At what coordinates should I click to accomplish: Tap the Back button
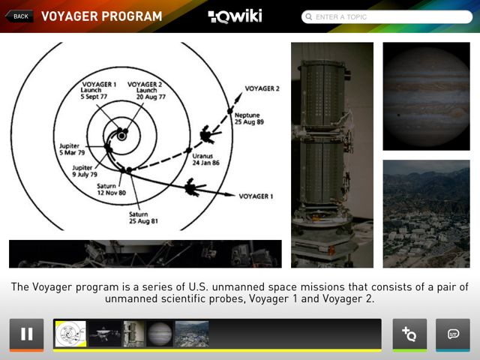[x=19, y=16]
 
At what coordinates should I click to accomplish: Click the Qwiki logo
[x=235, y=16]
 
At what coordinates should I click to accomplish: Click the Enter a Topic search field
[x=387, y=16]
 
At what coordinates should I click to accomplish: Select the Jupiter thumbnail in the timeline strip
[x=160, y=334]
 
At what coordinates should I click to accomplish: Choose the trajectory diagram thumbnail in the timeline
[x=70, y=334]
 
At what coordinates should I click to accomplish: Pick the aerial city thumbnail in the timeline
[x=192, y=334]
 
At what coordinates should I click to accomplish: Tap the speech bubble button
[x=453, y=334]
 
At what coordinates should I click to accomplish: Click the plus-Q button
[x=409, y=334]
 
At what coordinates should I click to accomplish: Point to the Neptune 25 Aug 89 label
[x=249, y=118]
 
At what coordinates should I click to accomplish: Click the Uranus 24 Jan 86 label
[x=205, y=159]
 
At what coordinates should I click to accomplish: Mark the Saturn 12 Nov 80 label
[x=112, y=189]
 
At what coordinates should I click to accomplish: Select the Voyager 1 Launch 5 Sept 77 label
[x=98, y=90]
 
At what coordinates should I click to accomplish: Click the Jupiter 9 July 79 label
[x=85, y=171]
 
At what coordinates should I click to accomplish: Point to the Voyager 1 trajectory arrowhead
[x=229, y=194]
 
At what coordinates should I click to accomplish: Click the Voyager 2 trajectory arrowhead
[x=238, y=97]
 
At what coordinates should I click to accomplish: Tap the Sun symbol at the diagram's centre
[x=121, y=136]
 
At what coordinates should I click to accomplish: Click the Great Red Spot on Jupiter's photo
[x=456, y=112]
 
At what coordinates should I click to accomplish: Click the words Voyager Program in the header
[x=102, y=16]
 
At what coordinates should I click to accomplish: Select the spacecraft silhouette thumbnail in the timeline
[x=105, y=334]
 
